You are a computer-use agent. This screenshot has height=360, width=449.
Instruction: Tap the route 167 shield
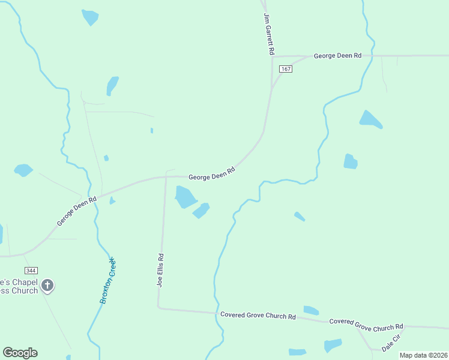click(x=286, y=69)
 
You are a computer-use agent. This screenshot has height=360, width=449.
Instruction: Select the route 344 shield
click(x=31, y=271)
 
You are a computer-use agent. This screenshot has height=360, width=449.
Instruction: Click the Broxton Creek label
click(x=108, y=280)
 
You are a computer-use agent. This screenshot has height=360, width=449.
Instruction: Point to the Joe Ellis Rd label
click(x=160, y=269)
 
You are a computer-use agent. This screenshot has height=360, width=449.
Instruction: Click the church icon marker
click(x=48, y=286)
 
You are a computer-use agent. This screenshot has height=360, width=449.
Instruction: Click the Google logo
click(x=20, y=353)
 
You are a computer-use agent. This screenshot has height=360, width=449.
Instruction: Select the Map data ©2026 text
click(x=423, y=355)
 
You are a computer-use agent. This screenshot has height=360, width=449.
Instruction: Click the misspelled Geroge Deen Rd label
click(x=77, y=212)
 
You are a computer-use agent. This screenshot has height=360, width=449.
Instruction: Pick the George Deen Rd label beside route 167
click(x=337, y=56)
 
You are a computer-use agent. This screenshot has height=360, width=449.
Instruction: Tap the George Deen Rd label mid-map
click(x=211, y=174)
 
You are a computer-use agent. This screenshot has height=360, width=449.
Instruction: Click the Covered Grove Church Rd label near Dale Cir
click(x=366, y=325)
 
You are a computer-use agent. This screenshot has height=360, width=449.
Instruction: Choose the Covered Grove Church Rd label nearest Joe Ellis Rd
click(x=258, y=316)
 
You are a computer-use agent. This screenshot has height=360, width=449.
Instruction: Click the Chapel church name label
click(x=19, y=286)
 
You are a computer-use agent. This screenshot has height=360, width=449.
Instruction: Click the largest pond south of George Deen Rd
click(x=185, y=196)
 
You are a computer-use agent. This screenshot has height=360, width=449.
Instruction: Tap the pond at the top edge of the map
click(x=90, y=17)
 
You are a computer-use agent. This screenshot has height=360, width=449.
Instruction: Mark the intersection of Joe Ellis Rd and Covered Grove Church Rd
click(x=158, y=308)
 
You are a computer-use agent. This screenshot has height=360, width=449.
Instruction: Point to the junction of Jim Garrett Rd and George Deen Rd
click(x=272, y=56)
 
